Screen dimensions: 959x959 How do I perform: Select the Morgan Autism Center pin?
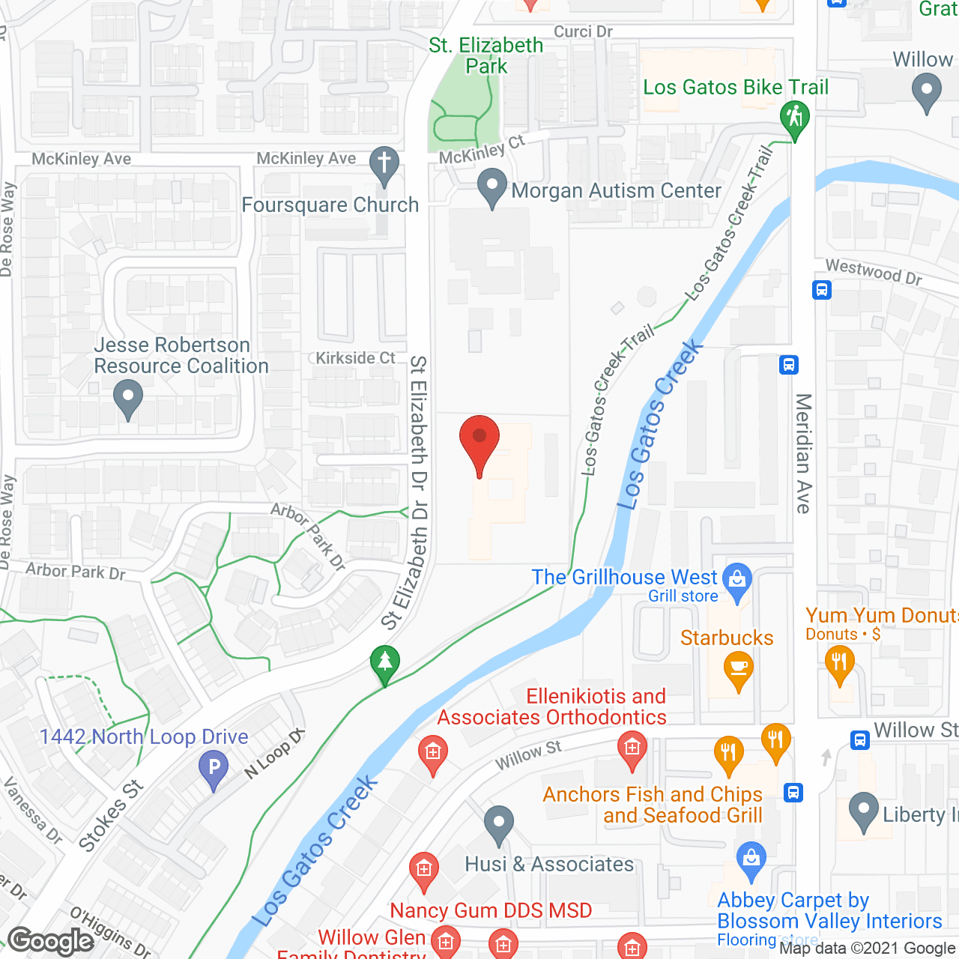point(491,188)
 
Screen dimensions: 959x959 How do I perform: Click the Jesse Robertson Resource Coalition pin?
point(128,399)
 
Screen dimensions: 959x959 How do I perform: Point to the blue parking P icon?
point(214,769)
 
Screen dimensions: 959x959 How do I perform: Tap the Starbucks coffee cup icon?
point(739,669)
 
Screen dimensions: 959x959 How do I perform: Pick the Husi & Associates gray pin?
point(498,823)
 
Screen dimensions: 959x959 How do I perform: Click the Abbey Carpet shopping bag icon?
point(750,859)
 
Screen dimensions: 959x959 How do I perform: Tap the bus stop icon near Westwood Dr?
point(822,289)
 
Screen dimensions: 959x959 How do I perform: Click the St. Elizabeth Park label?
point(486,55)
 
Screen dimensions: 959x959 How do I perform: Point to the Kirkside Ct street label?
point(355,358)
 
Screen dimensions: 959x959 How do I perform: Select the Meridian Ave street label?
point(803,453)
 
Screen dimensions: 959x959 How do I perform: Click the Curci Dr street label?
point(583,31)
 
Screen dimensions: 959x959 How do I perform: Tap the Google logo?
point(51,941)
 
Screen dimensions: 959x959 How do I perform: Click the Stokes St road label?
point(111,815)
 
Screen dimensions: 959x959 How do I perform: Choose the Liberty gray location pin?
point(863,811)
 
